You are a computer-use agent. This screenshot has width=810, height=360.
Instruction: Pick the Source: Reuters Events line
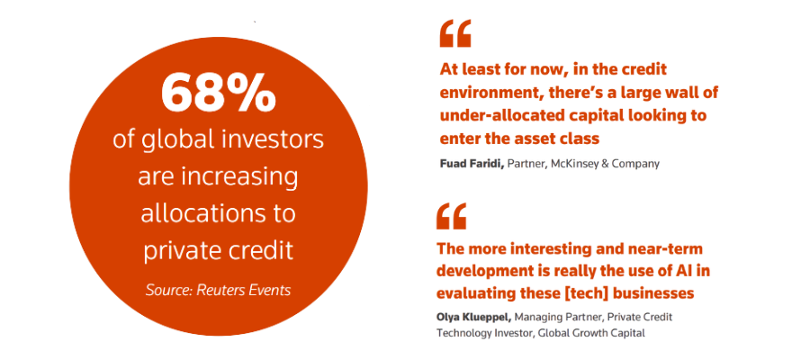pyautogui.click(x=218, y=291)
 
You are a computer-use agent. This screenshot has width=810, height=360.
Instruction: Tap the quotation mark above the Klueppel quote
pyautogui.click(x=452, y=216)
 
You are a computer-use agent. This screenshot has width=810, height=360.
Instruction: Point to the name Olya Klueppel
pyautogui.click(x=473, y=317)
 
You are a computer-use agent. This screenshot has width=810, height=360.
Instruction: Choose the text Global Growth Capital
pyautogui.click(x=591, y=333)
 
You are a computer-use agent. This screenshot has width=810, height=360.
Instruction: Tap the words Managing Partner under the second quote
pyautogui.click(x=560, y=317)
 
